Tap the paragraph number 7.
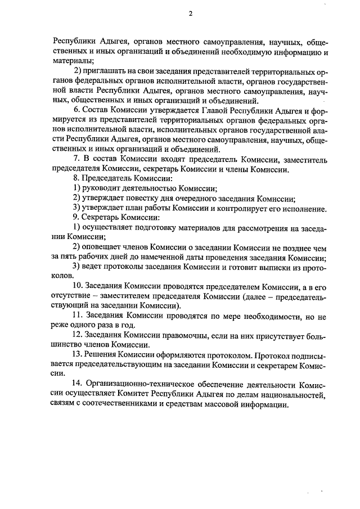point(76,159)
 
